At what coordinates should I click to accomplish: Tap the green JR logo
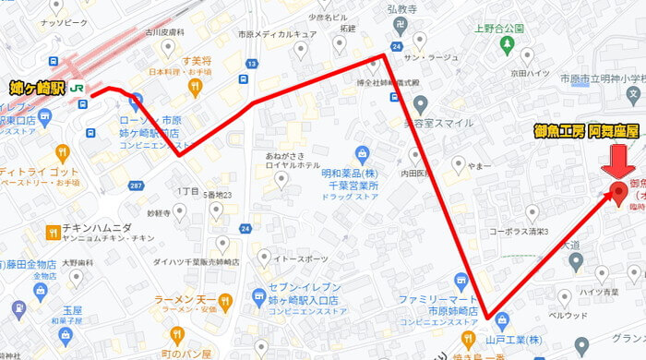80,89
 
